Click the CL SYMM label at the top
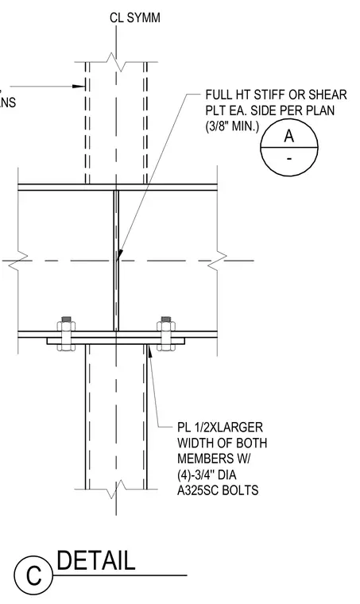click(135, 17)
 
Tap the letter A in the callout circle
click(289, 136)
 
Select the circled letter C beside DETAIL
click(33, 575)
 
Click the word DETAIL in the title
click(96, 560)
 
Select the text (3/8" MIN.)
click(232, 126)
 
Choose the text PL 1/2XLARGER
click(220, 428)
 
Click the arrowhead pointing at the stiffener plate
click(119, 254)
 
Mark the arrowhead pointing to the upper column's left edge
click(79, 87)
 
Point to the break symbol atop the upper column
click(116, 62)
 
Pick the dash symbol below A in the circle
click(289, 158)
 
